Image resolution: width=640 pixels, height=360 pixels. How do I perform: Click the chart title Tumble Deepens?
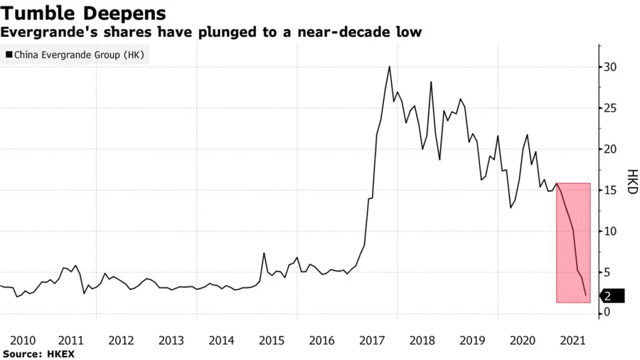coord(85,13)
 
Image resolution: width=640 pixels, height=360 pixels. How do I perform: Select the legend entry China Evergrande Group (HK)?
coord(78,55)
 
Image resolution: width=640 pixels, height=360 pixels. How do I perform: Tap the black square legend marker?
coord(9,55)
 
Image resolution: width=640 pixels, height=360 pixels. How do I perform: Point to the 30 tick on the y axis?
coord(609,68)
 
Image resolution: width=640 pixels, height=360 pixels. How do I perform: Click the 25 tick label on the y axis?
coord(609,109)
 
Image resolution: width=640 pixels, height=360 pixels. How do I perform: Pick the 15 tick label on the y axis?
coord(609,191)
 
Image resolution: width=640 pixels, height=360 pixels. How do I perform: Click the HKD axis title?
coord(631,183)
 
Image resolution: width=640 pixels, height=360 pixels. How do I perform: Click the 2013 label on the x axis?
coord(171,339)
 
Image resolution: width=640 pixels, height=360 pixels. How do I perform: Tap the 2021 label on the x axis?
coord(573,339)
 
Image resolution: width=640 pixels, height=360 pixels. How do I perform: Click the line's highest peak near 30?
coord(390,67)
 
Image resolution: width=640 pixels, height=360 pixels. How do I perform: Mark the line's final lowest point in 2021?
coord(586,295)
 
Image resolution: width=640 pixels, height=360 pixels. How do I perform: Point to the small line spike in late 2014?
coord(264,253)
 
